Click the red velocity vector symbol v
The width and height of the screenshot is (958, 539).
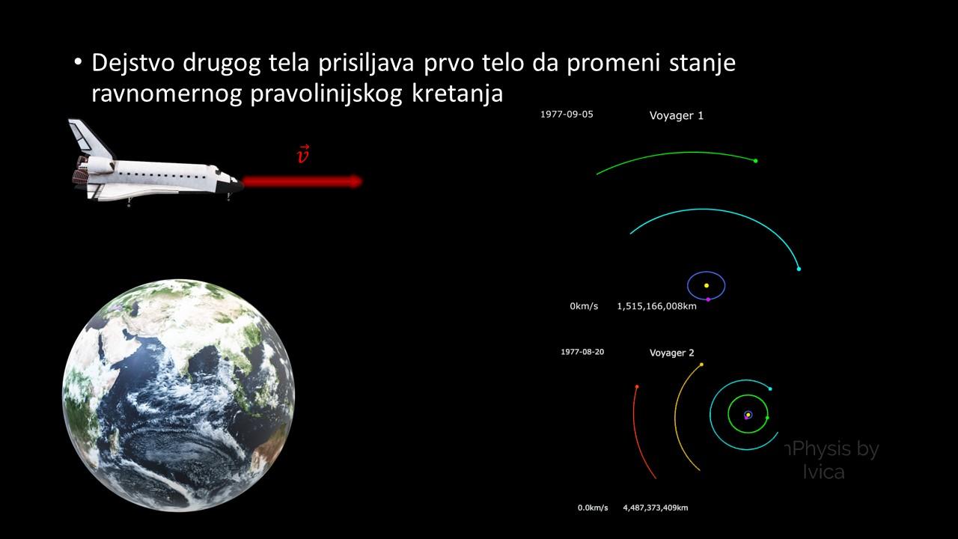click(x=303, y=154)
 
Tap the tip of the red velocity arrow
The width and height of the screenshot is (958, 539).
click(x=363, y=181)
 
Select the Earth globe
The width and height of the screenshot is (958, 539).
click(x=178, y=395)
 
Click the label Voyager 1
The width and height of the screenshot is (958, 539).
click(x=676, y=115)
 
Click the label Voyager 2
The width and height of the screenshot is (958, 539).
click(x=671, y=353)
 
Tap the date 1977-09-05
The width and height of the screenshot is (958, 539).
click(x=567, y=115)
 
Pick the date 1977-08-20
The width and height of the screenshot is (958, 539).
click(x=582, y=352)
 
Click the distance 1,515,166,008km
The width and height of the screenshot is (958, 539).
click(x=656, y=306)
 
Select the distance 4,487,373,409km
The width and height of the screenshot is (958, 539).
click(x=655, y=508)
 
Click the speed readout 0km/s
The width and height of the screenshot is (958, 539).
click(x=584, y=306)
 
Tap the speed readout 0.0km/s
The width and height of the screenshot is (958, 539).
click(x=593, y=508)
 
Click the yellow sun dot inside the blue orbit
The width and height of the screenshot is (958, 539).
click(x=707, y=285)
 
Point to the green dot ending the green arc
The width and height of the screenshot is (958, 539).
click(x=756, y=161)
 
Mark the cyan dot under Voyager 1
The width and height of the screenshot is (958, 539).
click(x=799, y=269)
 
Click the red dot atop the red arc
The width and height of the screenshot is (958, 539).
click(x=637, y=387)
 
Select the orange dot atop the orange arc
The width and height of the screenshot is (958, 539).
click(x=701, y=365)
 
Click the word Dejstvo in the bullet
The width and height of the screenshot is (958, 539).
click(x=133, y=63)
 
